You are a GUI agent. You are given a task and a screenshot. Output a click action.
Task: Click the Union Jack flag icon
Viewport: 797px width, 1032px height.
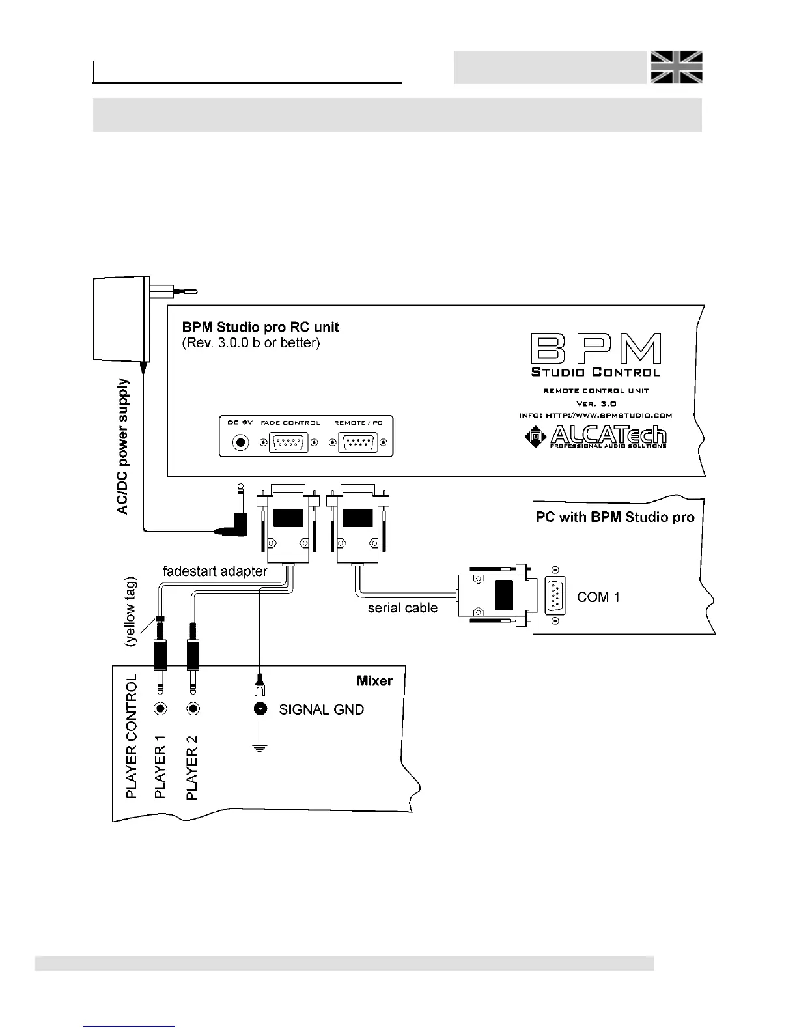(x=676, y=67)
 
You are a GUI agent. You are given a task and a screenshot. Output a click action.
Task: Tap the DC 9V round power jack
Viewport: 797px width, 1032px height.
(x=241, y=442)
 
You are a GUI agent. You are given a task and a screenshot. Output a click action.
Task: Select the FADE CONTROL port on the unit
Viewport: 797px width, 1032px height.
(x=288, y=443)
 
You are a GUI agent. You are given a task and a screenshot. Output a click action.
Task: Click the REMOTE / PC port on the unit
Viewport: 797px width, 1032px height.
(x=358, y=443)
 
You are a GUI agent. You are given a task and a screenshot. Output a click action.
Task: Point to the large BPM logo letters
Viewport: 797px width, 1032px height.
(x=596, y=349)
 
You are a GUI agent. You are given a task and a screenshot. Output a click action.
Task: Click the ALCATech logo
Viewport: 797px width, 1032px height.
(x=595, y=437)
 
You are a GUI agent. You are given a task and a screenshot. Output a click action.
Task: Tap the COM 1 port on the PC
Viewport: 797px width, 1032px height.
(x=555, y=595)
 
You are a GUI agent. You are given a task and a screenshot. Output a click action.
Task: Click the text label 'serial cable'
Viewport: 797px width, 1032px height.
(x=402, y=608)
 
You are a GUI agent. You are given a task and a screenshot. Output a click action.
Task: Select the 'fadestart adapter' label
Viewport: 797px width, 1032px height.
(x=215, y=571)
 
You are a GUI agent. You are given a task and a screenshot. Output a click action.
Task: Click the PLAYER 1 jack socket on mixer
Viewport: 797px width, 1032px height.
(x=160, y=709)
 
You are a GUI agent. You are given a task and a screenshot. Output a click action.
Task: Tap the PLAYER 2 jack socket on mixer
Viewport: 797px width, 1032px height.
(x=192, y=709)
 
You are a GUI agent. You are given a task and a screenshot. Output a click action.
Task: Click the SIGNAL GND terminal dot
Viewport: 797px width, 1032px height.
(x=260, y=709)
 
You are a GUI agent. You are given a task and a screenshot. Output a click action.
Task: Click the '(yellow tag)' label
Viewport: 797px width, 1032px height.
(x=132, y=610)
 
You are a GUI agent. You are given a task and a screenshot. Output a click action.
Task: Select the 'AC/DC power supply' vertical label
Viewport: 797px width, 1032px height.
(x=123, y=446)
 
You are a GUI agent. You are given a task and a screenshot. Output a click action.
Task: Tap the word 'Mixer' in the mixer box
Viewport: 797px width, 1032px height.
(x=374, y=681)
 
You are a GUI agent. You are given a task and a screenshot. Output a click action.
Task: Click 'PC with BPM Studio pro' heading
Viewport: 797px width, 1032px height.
(x=615, y=517)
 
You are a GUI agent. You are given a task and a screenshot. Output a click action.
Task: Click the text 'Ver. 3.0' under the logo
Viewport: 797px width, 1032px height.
(x=596, y=403)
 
